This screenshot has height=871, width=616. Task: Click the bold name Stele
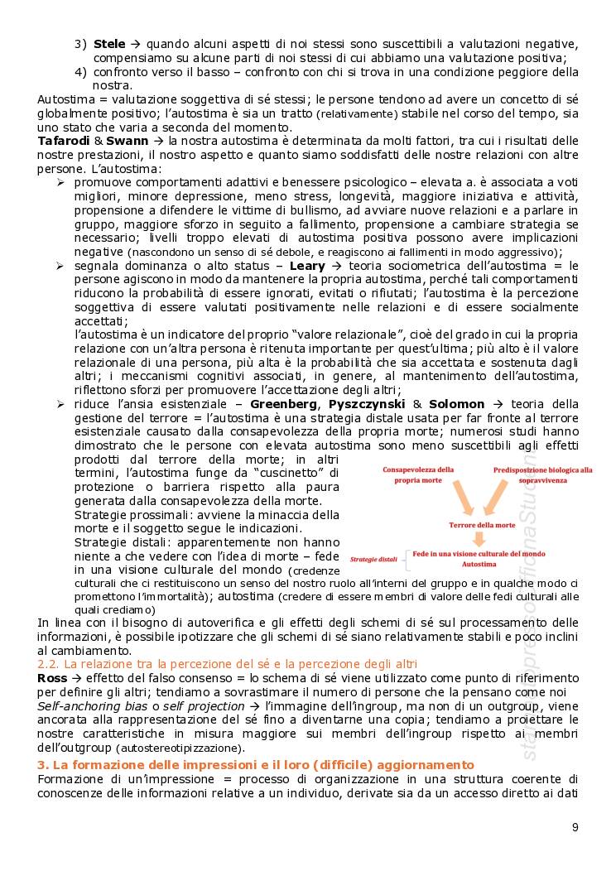pos(110,43)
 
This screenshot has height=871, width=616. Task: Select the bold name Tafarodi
pos(65,141)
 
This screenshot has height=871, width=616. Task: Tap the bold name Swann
pos(128,141)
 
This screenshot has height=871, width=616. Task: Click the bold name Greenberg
pos(284,404)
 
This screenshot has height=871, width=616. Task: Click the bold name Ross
pos(51,677)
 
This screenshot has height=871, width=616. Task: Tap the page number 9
pos(575,827)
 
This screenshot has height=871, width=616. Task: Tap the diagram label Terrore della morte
pos(482,525)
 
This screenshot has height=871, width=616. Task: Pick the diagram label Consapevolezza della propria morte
pos(417,474)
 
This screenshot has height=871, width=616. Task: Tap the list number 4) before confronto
pos(80,71)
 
